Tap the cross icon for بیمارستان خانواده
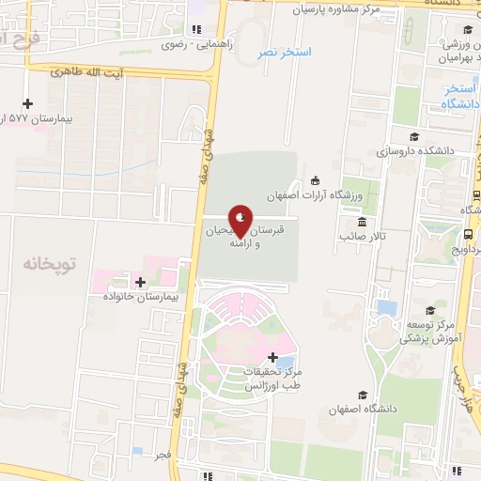click(141, 282)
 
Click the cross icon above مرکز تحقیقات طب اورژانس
click(272, 357)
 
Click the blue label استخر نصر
click(283, 52)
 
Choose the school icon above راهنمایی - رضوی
click(195, 29)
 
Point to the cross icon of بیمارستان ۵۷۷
click(27, 103)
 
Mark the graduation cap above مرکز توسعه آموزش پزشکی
click(430, 310)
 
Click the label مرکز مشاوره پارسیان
click(336, 10)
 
